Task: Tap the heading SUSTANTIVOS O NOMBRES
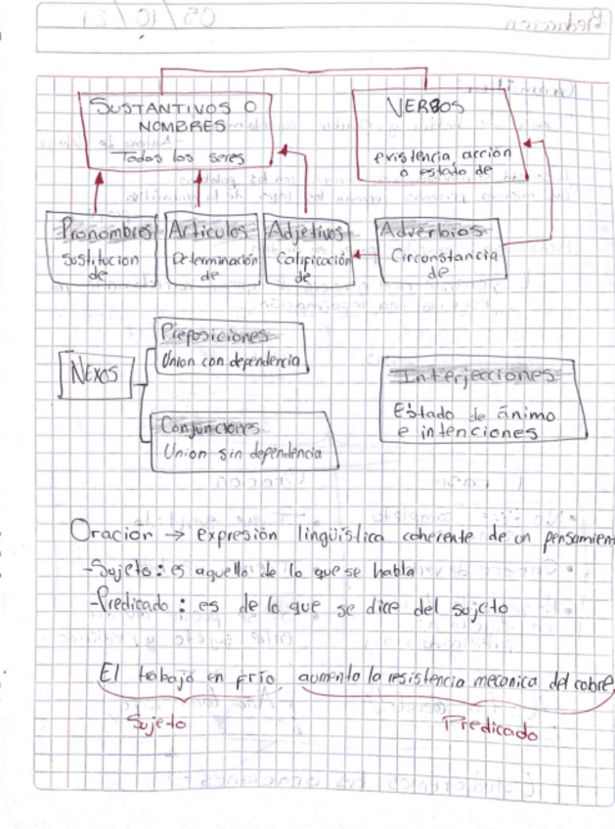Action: pyautogui.click(x=167, y=117)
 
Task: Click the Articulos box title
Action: pyautogui.click(x=211, y=232)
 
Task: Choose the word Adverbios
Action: pyautogui.click(x=432, y=232)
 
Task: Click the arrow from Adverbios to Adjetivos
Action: pyautogui.click(x=364, y=256)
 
